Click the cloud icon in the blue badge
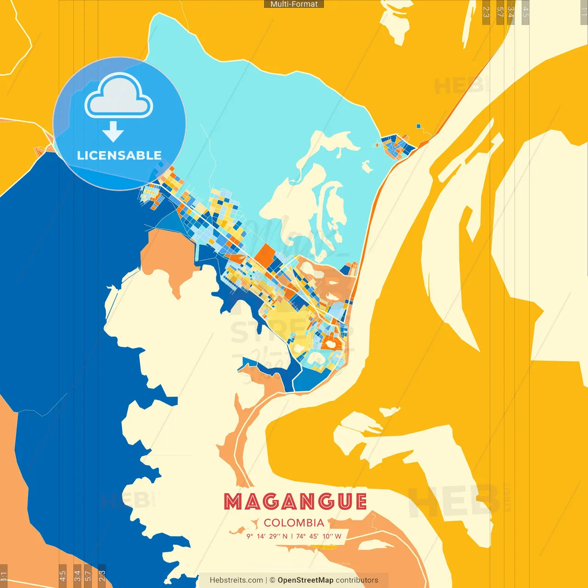click(x=119, y=96)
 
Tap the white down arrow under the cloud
click(x=113, y=131)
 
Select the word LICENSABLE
click(x=119, y=155)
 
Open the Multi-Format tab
click(x=294, y=4)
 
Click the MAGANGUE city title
click(x=295, y=502)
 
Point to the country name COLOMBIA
click(x=294, y=523)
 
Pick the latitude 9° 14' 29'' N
click(x=267, y=536)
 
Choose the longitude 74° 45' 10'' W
click(x=319, y=536)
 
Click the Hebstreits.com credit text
click(x=236, y=580)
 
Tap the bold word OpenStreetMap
click(x=305, y=580)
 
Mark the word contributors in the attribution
click(x=357, y=580)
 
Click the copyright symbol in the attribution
click(x=272, y=580)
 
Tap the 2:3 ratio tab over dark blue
click(x=102, y=576)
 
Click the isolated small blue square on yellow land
click(x=418, y=126)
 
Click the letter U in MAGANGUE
click(x=343, y=502)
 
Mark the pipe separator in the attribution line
click(x=266, y=580)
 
